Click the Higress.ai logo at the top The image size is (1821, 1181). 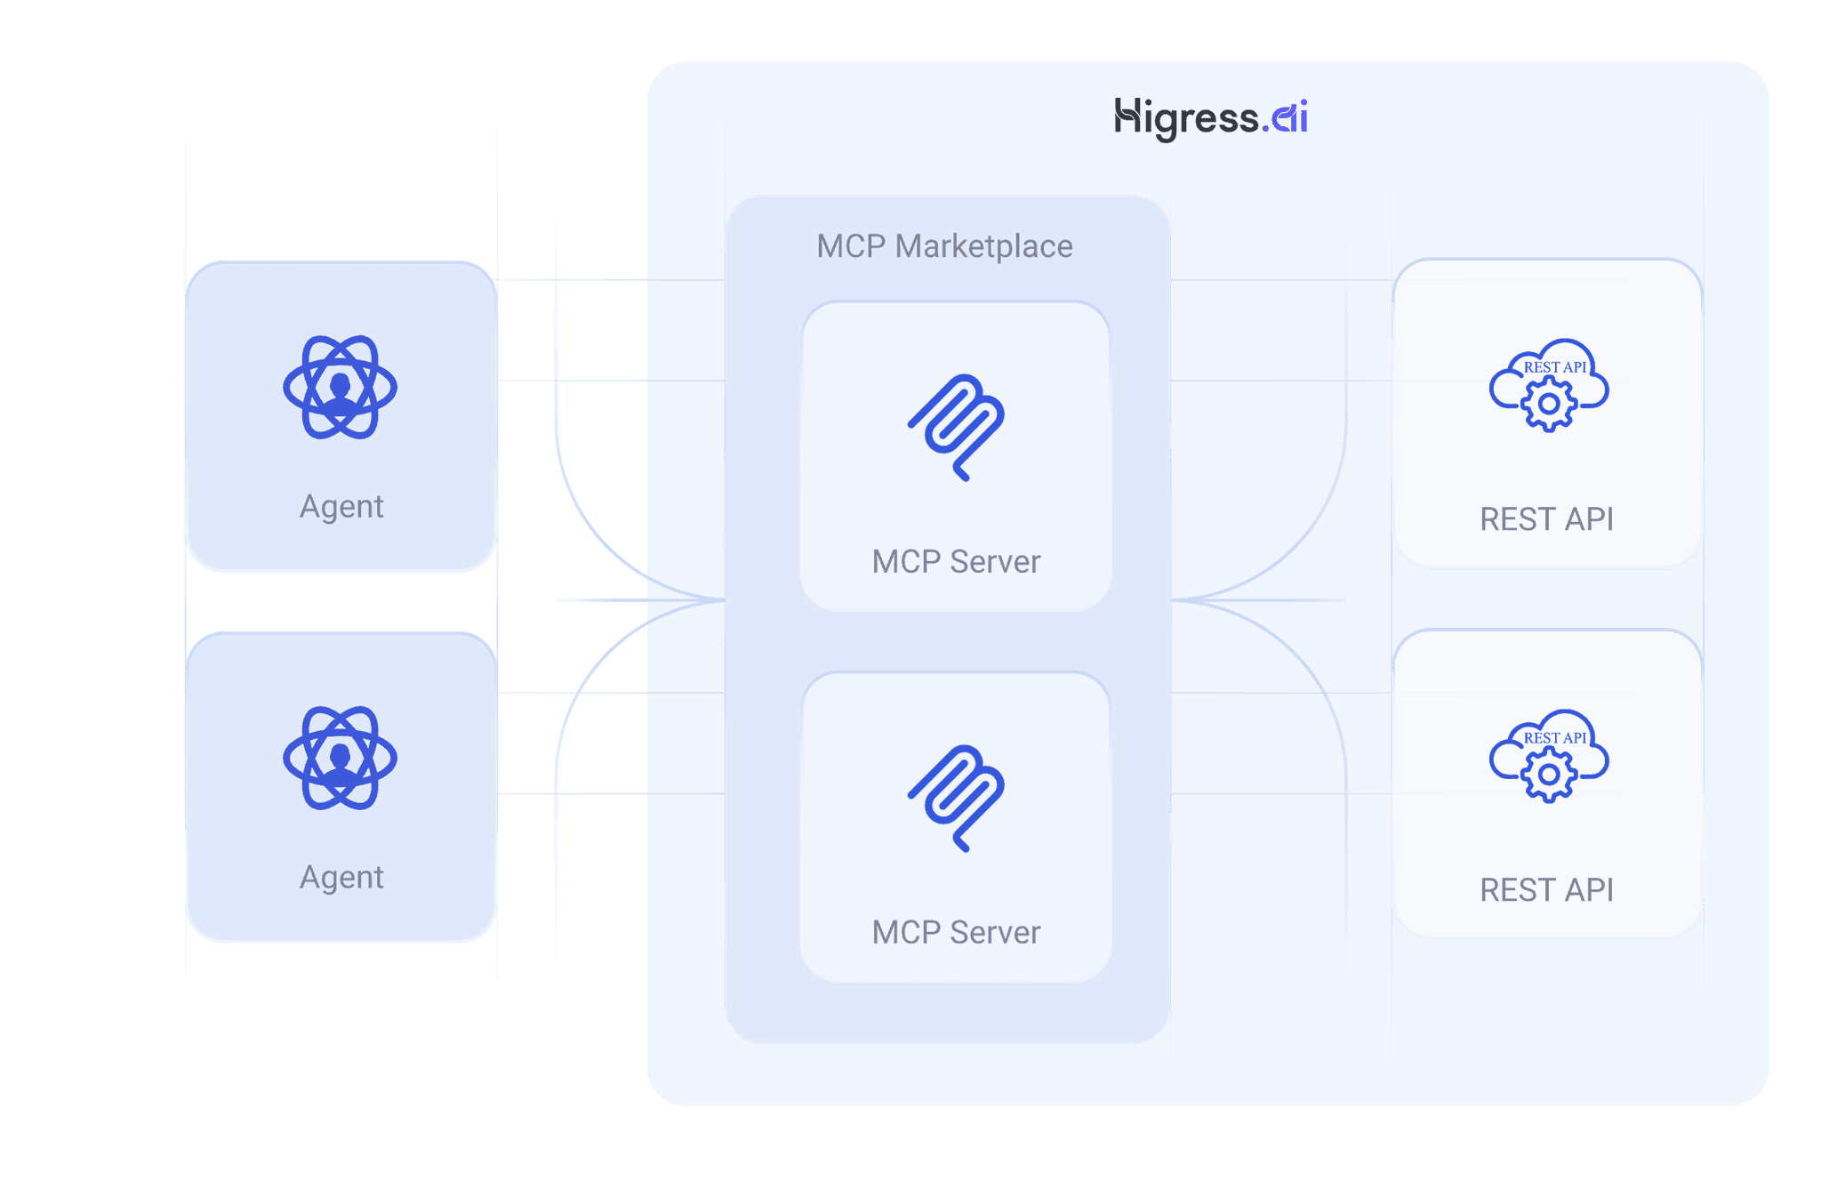1210,118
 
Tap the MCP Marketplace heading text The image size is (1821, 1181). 944,246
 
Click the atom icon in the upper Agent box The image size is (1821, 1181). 340,388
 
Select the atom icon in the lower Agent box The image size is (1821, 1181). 340,759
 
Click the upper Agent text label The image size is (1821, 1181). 341,506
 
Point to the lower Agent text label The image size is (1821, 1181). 341,877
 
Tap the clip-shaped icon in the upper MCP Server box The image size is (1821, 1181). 957,427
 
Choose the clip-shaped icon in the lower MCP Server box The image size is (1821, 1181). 957,798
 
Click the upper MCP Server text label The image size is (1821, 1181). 956,562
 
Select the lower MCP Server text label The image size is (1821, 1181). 956,933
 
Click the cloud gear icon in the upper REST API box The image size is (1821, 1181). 1548,386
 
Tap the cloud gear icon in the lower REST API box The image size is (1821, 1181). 1548,757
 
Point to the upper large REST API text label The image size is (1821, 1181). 1546,519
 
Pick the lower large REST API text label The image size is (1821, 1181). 1546,890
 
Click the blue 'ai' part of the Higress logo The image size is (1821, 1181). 1289,117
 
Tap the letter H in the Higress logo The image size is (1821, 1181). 1127,116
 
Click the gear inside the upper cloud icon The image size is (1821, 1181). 1549,404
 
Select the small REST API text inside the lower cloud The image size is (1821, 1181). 1555,738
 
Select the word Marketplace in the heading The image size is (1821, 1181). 983,246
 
